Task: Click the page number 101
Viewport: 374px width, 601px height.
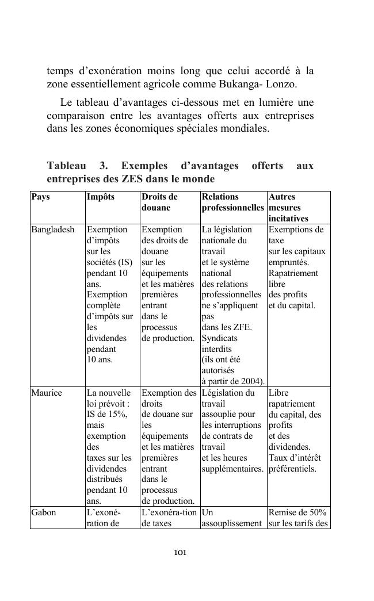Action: [180, 553]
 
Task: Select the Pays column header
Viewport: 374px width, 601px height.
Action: [40, 197]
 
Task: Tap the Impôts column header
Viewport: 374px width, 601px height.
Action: [101, 197]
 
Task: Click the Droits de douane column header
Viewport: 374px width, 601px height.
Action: [159, 202]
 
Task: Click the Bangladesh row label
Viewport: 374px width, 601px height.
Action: [53, 229]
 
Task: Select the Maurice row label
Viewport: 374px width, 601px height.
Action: [46, 393]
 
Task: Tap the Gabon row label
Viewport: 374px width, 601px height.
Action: [44, 512]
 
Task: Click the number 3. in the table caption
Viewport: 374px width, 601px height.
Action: [104, 166]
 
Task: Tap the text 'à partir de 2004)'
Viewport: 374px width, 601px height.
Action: [233, 381]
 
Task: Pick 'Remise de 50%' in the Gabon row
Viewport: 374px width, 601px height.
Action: [297, 512]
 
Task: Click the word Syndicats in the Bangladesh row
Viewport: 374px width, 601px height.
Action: [219, 338]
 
